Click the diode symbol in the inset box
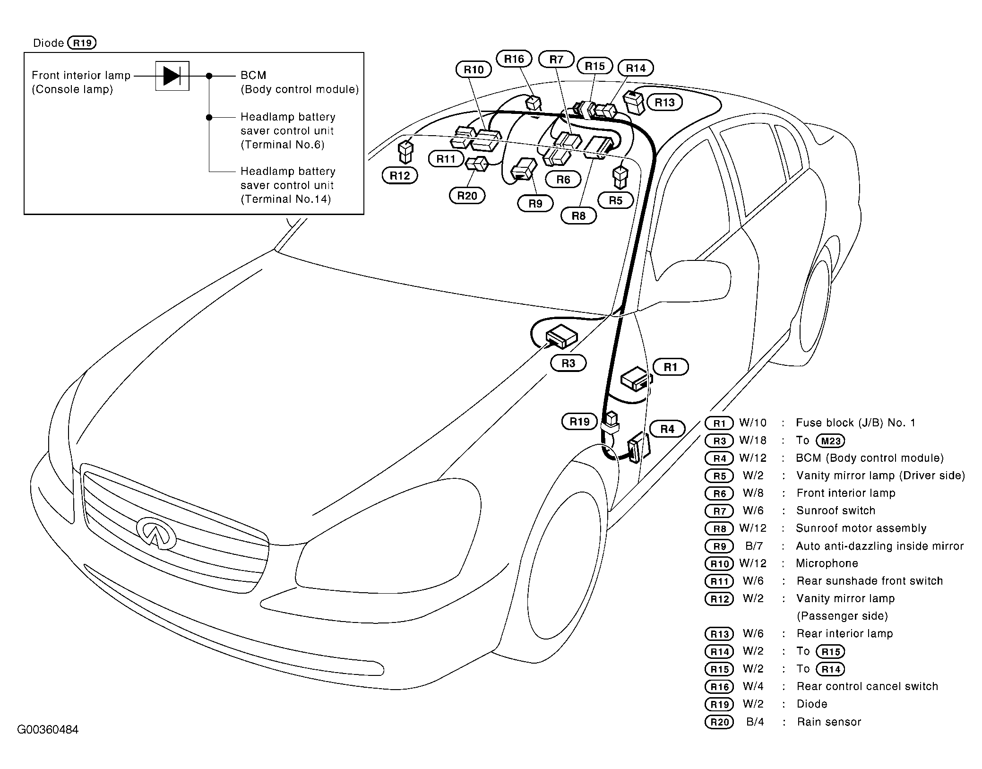pos(172,76)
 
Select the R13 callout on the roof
pos(664,103)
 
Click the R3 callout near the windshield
pos(568,363)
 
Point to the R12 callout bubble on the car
pos(400,176)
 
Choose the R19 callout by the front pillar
pos(579,422)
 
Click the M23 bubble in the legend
pos(830,441)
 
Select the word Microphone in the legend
pos(827,563)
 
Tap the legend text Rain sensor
pos(829,722)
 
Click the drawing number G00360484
pos(48,729)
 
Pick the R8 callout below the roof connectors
pos(578,216)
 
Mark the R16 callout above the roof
pos(514,59)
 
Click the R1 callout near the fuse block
pos(670,367)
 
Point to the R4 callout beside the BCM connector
pos(667,429)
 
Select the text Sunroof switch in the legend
pos(836,510)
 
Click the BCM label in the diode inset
pos(253,76)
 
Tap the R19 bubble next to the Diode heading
pos(82,43)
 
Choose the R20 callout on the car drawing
pos(467,196)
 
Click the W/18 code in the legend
pos(753,441)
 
